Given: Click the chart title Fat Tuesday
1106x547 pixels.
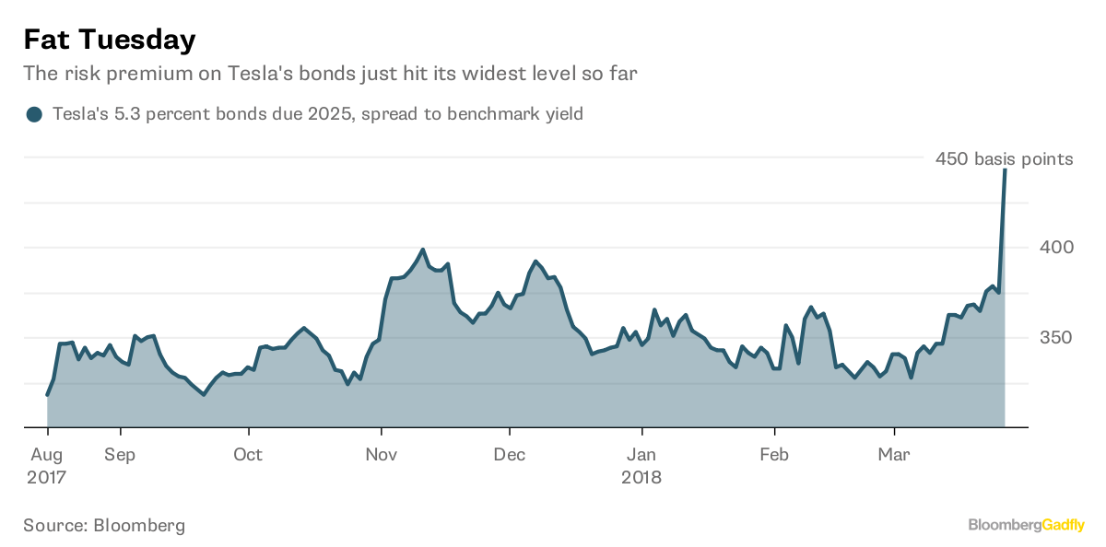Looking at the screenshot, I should tap(109, 40).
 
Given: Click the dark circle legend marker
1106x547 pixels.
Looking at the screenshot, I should tap(35, 114).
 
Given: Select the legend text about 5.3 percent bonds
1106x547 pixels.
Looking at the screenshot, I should tap(317, 114).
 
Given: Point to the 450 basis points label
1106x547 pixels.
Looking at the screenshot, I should tap(1004, 159).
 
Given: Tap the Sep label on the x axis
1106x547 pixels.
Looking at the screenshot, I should tap(120, 454).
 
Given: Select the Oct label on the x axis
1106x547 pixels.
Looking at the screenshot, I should tap(248, 454).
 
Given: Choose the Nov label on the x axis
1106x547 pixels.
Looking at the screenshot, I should tap(381, 454).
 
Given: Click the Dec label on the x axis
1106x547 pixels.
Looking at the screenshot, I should tap(510, 454).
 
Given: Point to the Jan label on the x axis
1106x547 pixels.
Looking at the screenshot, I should tap(641, 454).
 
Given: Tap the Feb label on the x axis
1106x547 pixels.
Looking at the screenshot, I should tap(774, 454).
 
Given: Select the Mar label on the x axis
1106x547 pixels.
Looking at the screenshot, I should tap(894, 454).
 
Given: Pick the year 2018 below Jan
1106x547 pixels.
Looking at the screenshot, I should tap(641, 478).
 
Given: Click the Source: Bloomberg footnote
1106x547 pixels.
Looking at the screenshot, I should tap(104, 526).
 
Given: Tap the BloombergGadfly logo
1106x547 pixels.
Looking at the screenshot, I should tap(1025, 525).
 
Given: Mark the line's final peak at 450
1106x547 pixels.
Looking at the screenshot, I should tap(1005, 170).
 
